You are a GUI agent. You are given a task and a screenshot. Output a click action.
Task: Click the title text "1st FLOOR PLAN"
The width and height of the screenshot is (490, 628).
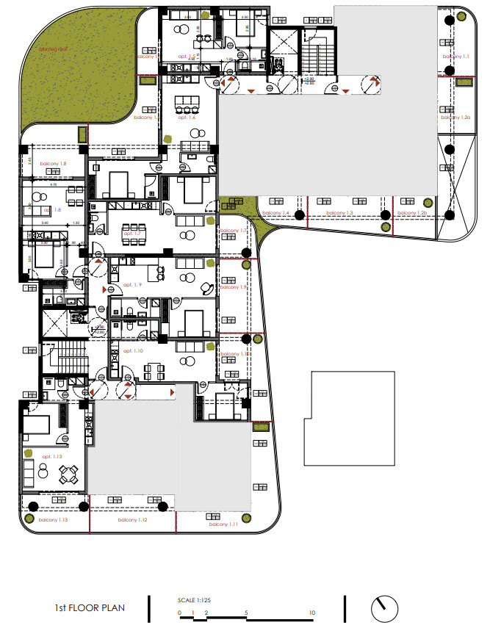pyautogui.click(x=90, y=607)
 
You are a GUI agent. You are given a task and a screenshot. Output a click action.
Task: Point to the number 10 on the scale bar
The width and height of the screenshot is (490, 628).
pyautogui.click(x=314, y=613)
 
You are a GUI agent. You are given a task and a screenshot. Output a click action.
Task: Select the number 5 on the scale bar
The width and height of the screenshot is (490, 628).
pyautogui.click(x=247, y=613)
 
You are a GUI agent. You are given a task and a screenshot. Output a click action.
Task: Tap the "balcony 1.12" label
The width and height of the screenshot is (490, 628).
pyautogui.click(x=132, y=520)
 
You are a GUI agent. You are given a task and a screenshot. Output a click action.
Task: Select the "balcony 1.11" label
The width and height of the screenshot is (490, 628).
pyautogui.click(x=223, y=524)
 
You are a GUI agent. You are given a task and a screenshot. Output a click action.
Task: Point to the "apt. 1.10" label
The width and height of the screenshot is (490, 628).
pyautogui.click(x=133, y=351)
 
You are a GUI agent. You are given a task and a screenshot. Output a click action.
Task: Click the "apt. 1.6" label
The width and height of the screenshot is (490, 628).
pyautogui.click(x=185, y=118)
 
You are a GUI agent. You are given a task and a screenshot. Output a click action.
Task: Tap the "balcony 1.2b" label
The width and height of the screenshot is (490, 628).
pyautogui.click(x=412, y=212)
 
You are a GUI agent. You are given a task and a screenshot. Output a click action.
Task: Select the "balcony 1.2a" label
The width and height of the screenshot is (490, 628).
pyautogui.click(x=455, y=117)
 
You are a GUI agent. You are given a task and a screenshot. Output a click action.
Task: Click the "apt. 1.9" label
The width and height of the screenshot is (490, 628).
pyautogui.click(x=132, y=284)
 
